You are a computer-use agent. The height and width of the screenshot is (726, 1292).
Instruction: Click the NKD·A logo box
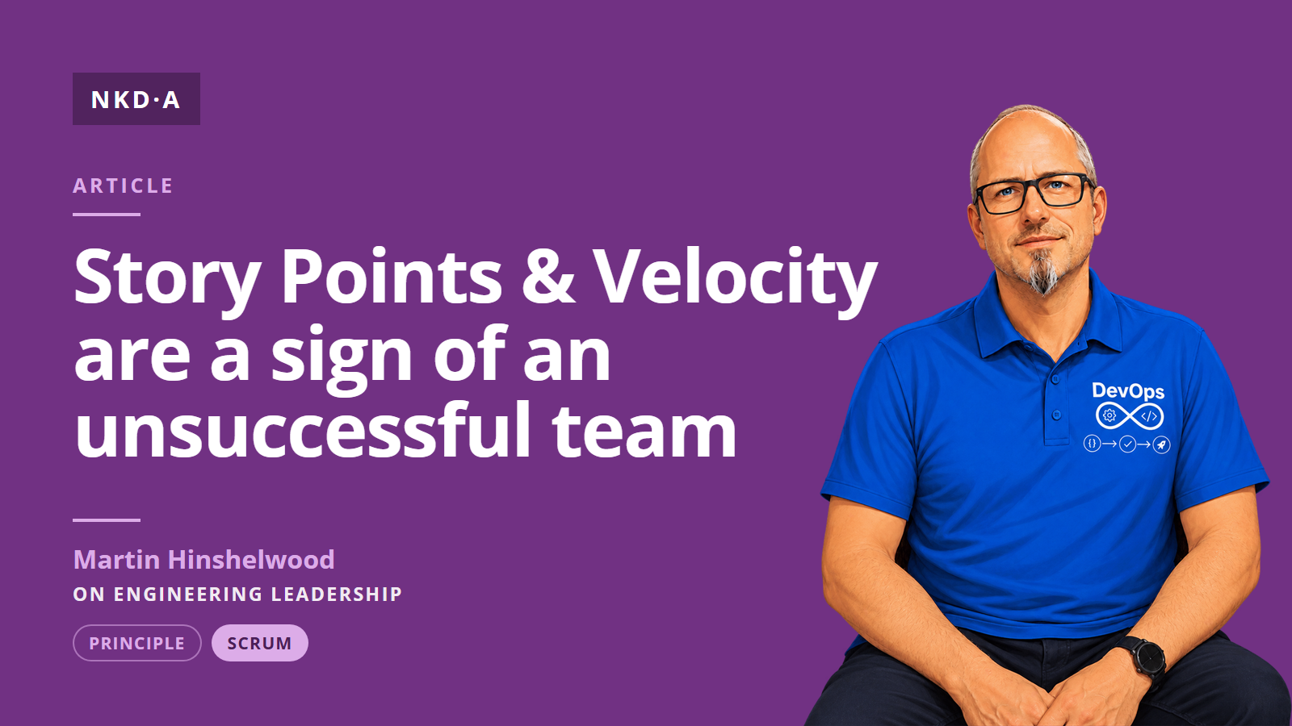(136, 98)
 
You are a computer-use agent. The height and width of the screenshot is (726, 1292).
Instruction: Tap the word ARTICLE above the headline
(123, 186)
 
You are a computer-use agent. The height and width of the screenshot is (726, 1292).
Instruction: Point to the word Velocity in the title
(736, 279)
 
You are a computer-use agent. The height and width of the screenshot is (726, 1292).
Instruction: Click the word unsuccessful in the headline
(302, 428)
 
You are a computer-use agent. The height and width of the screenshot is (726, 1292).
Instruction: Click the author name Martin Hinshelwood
(203, 560)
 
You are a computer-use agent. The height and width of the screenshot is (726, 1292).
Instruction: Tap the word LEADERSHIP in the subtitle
(336, 594)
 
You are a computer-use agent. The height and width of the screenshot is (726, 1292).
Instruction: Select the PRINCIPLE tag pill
(137, 643)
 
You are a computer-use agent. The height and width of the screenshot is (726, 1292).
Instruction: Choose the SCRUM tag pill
(259, 643)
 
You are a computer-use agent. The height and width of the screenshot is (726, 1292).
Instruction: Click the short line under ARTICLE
(107, 215)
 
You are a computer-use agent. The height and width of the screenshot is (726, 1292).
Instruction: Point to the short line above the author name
(107, 519)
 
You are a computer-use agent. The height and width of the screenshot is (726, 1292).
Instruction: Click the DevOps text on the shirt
(1128, 391)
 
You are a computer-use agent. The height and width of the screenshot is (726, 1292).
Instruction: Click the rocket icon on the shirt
(1162, 444)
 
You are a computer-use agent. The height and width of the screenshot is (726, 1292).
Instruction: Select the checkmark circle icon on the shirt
(1127, 444)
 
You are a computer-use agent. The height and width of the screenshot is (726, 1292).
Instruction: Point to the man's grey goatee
(1042, 272)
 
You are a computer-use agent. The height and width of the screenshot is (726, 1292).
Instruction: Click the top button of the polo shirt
(1055, 380)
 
